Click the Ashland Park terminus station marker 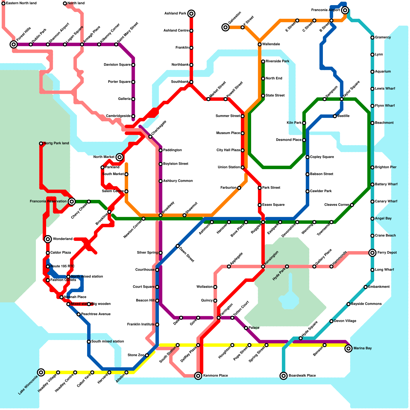point(191,14)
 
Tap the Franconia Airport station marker point(345,10)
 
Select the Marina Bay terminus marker point(348,348)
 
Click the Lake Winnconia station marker point(41,372)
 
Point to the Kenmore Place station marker point(198,376)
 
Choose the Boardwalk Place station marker point(283,376)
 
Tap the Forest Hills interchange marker point(14,45)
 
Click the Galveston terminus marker point(225,27)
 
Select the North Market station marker point(119,157)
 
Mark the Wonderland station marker point(48,239)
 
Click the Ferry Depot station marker point(372,253)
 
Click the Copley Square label point(322,157)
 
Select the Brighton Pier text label point(386,167)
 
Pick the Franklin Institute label point(141,324)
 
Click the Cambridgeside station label point(118,116)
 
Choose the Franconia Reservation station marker point(72,201)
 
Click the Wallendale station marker point(260,44)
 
